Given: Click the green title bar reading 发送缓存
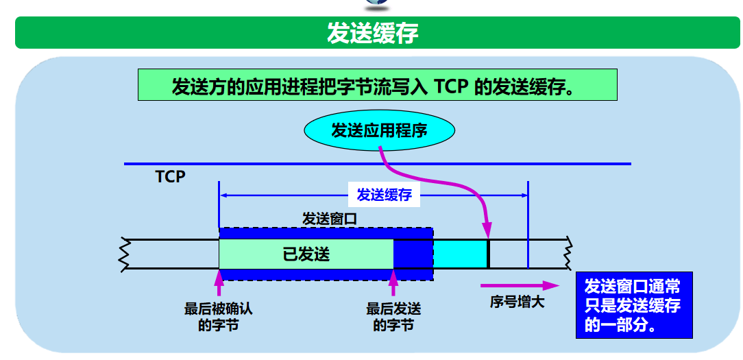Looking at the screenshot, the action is (371, 33).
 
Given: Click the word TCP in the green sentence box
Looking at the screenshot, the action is (450, 87).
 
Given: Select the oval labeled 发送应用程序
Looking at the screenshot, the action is (379, 130).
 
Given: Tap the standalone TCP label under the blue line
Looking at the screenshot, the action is (170, 177).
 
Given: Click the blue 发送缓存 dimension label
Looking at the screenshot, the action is (384, 195).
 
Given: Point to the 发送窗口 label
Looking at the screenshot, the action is (330, 219).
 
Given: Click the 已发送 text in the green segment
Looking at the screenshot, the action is (306, 254).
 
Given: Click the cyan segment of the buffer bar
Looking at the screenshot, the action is (460, 254).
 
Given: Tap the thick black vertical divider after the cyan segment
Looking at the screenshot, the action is (488, 254).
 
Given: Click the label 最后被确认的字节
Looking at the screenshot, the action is (219, 317).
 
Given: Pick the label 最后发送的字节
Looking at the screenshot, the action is (393, 317).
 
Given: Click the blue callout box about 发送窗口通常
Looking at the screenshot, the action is (633, 306).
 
